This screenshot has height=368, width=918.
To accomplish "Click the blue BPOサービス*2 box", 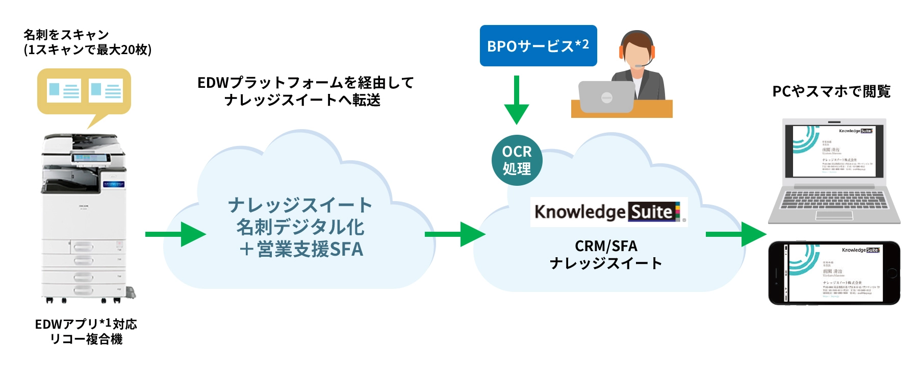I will click(538, 46).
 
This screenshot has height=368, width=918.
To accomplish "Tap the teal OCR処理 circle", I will click(517, 160).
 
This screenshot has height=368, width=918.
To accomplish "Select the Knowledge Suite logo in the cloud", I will click(608, 212).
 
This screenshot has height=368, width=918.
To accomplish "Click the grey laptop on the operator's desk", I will click(606, 97).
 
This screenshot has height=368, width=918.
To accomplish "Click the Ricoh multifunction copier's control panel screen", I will click(91, 158).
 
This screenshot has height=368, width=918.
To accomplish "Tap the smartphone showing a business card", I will click(834, 273).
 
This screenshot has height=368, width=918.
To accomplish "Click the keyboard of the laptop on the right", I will click(834, 200).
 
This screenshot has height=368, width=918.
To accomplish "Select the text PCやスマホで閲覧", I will click(831, 91).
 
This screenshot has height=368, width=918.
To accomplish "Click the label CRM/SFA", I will click(606, 246).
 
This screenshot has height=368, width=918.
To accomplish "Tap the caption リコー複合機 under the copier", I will click(86, 339).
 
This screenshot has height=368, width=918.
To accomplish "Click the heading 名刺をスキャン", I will click(66, 35).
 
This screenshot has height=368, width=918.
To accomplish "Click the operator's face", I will click(636, 54).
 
